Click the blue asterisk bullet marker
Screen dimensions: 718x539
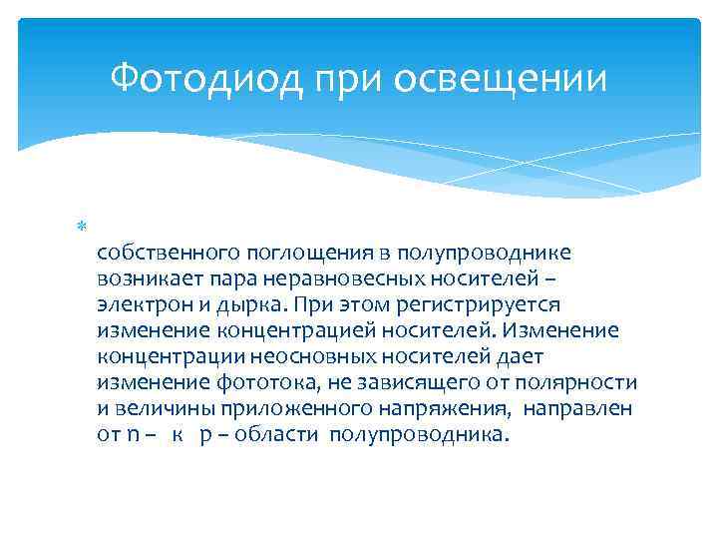(82, 226)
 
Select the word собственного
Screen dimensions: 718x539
(169, 253)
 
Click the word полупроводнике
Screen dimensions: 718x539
(484, 254)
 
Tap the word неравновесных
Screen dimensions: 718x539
(345, 279)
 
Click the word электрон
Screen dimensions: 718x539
(146, 305)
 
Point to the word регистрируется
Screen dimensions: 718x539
(478, 305)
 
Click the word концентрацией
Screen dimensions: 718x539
(296, 331)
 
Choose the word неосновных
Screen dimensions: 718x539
(313, 357)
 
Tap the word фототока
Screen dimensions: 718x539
(266, 383)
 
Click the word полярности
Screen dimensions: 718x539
(576, 383)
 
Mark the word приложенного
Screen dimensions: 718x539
(296, 409)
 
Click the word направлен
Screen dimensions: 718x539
(577, 409)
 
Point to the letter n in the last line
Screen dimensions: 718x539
(134, 435)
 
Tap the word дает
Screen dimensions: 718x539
(521, 356)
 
